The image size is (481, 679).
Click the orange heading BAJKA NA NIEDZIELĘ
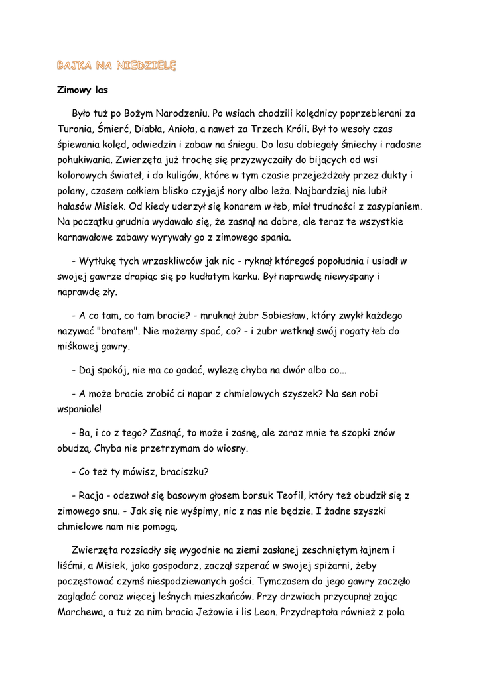116,66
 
